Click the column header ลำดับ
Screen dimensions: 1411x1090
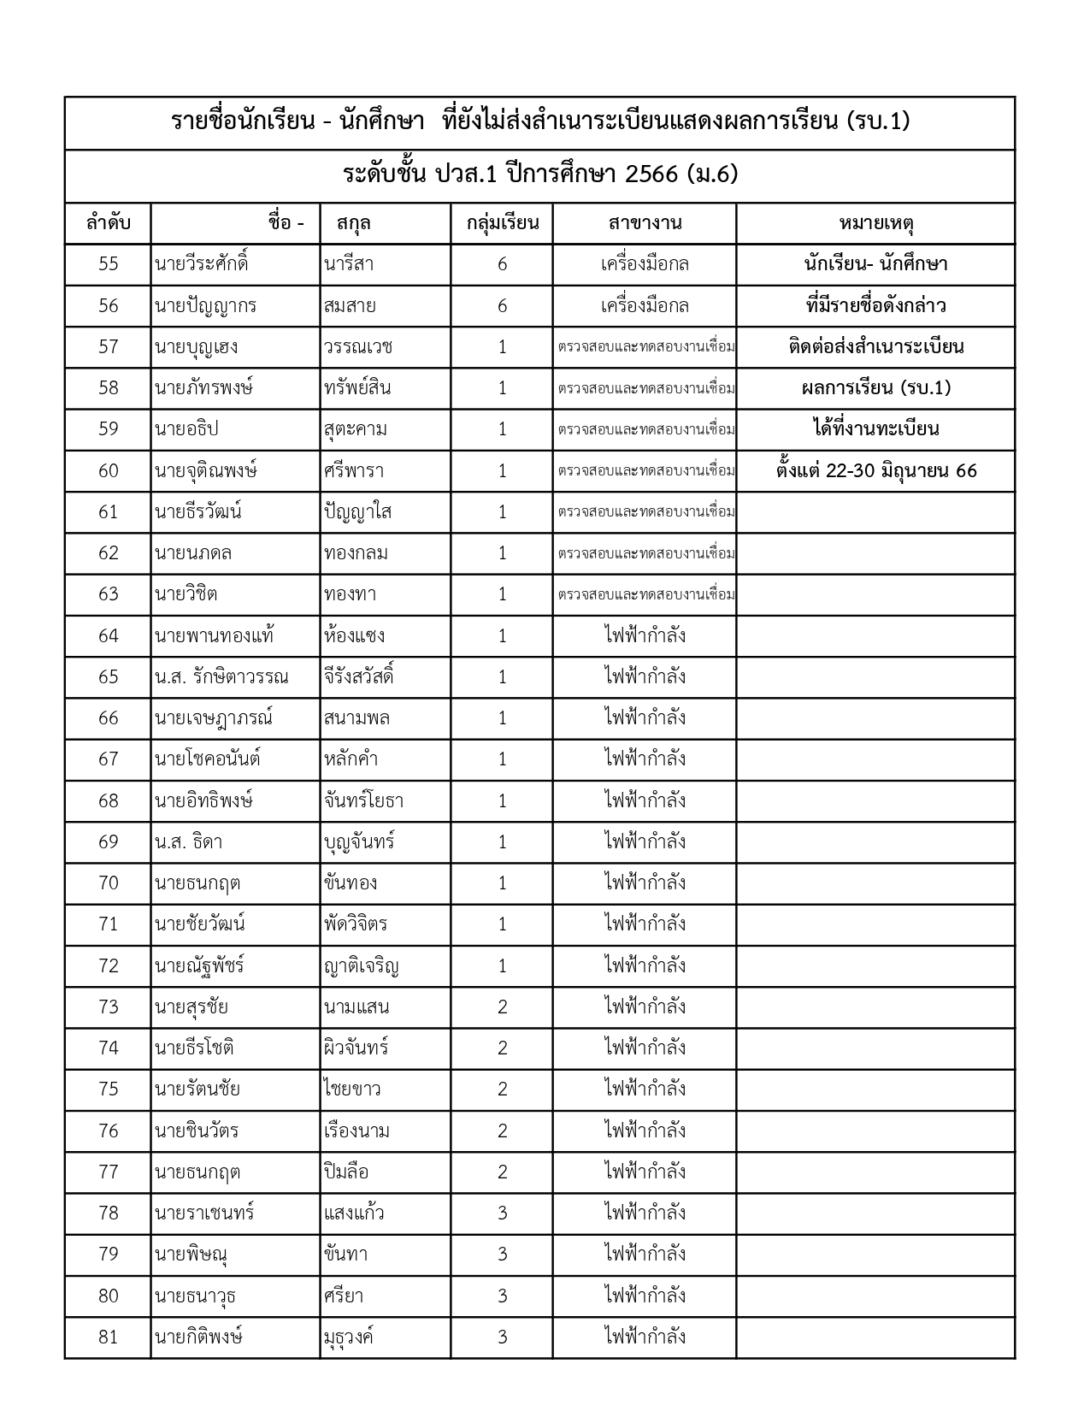(108, 224)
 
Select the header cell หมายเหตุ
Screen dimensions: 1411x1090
(876, 224)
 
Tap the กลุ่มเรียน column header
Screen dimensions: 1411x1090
(502, 224)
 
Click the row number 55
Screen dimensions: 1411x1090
(108, 264)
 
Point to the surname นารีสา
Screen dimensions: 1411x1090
(350, 264)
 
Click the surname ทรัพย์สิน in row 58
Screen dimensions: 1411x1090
(357, 388)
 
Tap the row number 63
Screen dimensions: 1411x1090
(108, 594)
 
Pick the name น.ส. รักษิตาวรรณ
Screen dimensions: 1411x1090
(221, 677)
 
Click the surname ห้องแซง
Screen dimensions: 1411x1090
(355, 636)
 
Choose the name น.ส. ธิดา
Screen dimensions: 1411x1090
(188, 842)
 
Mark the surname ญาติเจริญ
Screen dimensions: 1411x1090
(362, 966)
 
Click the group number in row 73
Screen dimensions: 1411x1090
(502, 1007)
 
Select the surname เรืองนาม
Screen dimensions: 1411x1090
(356, 1131)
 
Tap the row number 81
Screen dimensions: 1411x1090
(108, 1337)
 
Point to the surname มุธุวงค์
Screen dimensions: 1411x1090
(349, 1337)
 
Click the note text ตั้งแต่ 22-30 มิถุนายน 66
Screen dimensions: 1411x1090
(876, 471)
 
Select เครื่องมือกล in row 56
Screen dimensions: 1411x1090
(645, 306)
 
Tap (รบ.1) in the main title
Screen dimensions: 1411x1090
(878, 121)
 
